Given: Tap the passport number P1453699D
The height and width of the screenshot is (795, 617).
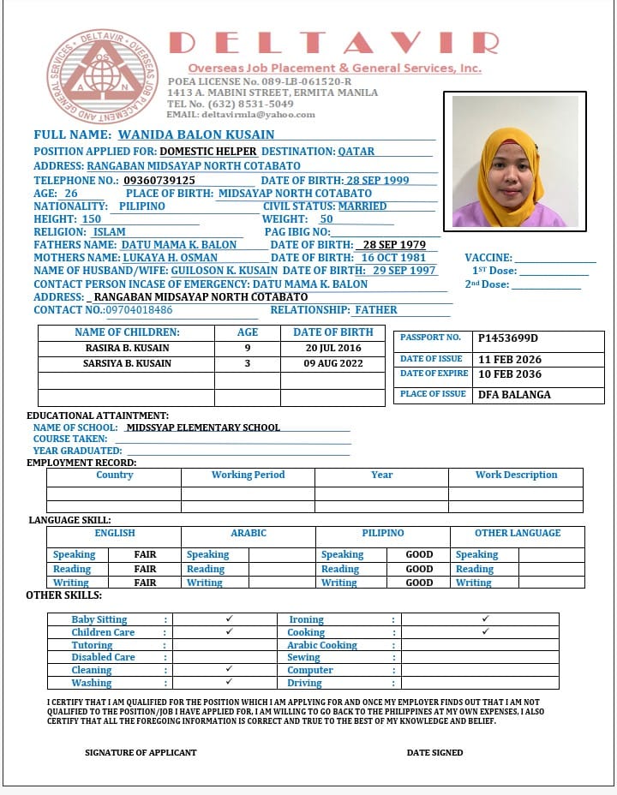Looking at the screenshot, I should pos(507,338).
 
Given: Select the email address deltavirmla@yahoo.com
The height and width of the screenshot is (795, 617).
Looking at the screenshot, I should pos(258,114).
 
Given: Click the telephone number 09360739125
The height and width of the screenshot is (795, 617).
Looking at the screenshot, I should pos(159,181).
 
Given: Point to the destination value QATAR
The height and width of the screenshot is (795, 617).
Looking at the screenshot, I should pos(356,152).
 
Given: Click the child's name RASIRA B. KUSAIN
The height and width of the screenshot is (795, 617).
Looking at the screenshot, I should pos(128,349).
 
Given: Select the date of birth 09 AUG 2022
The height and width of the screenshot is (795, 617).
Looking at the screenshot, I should pos(332,364).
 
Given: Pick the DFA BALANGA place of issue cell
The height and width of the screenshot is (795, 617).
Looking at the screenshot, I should pos(514,395).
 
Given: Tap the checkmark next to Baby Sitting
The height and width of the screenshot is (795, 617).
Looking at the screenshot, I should pos(229,619).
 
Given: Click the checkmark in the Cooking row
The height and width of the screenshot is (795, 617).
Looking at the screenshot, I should pos(485,632).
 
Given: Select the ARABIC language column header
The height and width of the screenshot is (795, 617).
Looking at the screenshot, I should pos(249,533).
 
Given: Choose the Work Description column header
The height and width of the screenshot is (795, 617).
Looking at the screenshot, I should pos(516,475).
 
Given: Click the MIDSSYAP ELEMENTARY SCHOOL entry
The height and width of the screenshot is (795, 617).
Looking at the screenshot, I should pos(202,427).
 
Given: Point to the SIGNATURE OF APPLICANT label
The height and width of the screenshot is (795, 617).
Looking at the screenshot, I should pos(141,752).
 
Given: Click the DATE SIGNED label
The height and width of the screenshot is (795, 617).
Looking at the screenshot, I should pos(434,752).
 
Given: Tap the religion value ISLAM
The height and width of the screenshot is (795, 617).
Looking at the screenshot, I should pos(109,232).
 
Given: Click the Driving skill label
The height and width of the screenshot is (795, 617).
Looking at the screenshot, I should pos(304,683).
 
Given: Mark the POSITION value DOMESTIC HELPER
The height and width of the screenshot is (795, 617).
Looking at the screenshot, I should pos(208,152).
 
